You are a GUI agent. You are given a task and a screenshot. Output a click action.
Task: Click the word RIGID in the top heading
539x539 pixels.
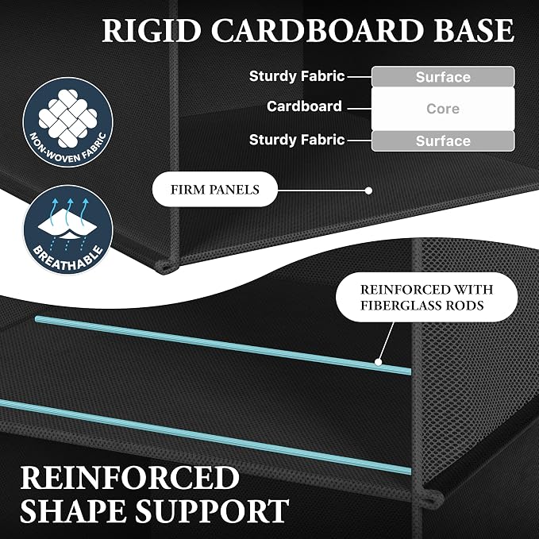pos(152,30)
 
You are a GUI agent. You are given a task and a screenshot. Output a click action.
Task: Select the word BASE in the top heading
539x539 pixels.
pos(474,30)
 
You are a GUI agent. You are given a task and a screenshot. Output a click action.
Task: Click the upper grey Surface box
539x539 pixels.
pos(443,77)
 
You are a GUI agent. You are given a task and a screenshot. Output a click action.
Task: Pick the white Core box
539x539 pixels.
pos(443,109)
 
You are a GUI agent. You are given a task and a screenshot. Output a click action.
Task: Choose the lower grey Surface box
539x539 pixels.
pos(443,141)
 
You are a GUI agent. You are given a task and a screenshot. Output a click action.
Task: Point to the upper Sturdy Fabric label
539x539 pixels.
pos(297,76)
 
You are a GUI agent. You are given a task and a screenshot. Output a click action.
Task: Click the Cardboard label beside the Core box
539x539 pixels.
pos(304,106)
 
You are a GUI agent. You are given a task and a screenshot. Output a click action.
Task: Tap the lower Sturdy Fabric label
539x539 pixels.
pos(297,140)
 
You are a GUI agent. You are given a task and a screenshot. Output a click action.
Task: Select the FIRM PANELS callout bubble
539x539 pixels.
pos(215,190)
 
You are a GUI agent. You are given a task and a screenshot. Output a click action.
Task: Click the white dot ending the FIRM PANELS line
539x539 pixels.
pos(368,191)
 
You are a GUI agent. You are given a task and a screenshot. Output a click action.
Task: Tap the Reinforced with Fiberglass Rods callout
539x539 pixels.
pos(426,298)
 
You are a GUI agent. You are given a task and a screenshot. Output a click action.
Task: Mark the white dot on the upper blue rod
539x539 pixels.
pos(378,362)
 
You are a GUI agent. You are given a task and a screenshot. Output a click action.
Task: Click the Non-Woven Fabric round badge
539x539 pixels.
pos(67,122)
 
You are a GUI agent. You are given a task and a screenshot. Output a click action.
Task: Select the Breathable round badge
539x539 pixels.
pos(67,229)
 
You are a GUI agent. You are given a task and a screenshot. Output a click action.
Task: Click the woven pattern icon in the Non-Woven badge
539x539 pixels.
pos(67,117)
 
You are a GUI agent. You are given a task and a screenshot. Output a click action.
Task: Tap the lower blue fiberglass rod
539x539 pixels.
pos(206,437)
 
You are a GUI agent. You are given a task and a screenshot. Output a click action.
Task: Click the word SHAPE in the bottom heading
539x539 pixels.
pos(74,510)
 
